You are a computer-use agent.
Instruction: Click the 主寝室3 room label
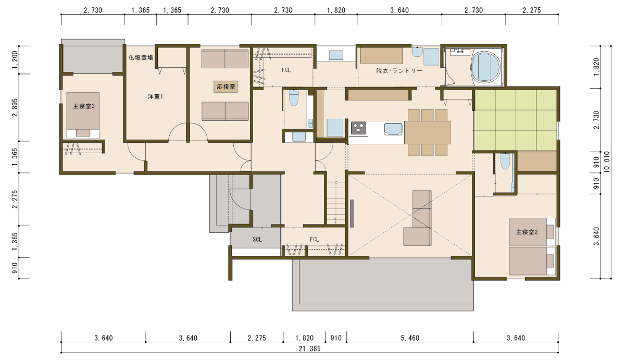[84, 106]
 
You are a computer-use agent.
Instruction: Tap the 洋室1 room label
[155, 96]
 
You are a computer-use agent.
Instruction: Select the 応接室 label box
[226, 87]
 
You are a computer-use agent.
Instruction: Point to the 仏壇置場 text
[141, 58]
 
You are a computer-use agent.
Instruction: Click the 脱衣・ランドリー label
[399, 71]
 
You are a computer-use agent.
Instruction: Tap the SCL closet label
[257, 240]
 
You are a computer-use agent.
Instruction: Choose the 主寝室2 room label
[527, 232]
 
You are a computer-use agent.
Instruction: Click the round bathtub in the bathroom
[486, 67]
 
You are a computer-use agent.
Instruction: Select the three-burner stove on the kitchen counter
[358, 128]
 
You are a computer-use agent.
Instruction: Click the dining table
[428, 132]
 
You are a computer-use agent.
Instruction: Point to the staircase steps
[336, 203]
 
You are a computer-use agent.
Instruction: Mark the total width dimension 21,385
[309, 349]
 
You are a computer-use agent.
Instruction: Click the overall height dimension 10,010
[607, 162]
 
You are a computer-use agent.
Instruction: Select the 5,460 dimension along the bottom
[410, 338]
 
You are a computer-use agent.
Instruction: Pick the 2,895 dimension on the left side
[15, 107]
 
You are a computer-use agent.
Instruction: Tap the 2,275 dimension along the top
[532, 10]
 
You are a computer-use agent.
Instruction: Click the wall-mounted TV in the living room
[352, 214]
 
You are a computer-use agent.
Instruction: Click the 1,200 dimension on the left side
[15, 60]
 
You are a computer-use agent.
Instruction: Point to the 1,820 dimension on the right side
[596, 67]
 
